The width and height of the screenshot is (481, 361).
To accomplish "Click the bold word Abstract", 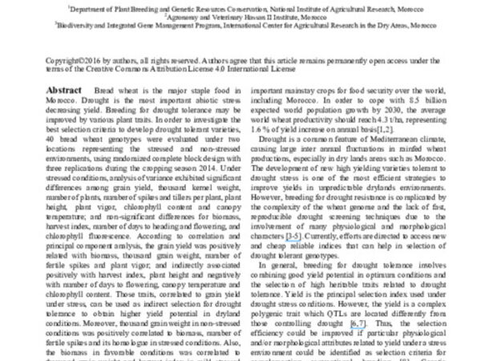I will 64,90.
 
